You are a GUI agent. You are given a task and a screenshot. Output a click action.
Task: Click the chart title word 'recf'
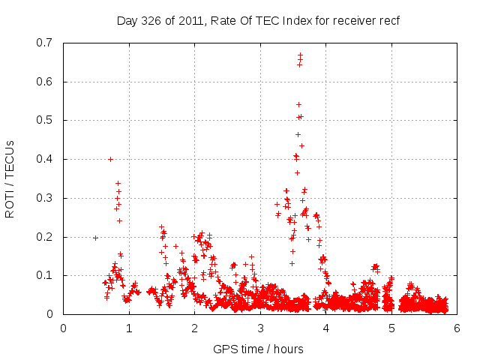coord(388,20)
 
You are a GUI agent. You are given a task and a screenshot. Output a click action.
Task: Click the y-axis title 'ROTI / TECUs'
coord(10,178)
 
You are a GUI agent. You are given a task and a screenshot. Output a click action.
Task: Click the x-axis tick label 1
coord(129,328)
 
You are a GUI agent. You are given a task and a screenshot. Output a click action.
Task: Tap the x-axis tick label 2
coord(195,328)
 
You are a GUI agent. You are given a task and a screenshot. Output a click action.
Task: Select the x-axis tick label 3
coord(260,328)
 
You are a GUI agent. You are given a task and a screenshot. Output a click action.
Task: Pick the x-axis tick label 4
coord(326,328)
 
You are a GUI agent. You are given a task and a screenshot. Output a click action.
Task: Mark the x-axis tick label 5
coord(391,328)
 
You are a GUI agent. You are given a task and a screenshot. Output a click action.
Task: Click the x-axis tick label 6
coord(457,328)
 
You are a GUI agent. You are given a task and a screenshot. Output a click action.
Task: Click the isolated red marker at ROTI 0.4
coord(110,159)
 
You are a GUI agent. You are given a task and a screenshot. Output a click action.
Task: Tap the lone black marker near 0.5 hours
coord(95,238)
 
